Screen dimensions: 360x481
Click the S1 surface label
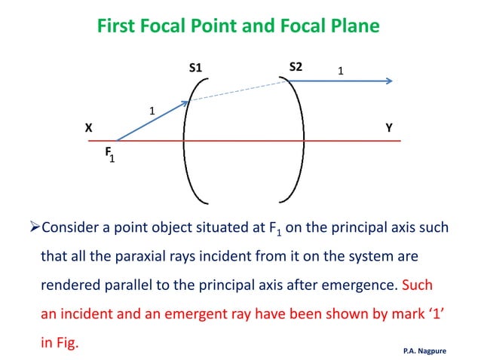tap(195, 68)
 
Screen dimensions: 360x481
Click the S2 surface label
tap(296, 66)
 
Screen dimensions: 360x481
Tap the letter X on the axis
tap(88, 128)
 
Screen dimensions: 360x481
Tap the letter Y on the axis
tap(389, 128)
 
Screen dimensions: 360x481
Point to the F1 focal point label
tap(109, 154)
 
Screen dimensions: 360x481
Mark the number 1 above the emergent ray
tap(340, 71)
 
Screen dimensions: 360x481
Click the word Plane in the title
tap(351, 27)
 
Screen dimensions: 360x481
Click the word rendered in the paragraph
tap(69, 286)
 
